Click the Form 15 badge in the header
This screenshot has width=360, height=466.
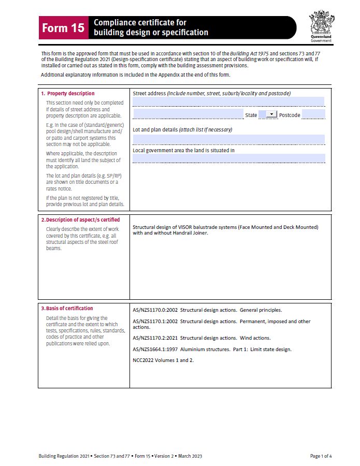pyautogui.click(x=63, y=28)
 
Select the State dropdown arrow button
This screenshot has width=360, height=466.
pyautogui.click(x=271, y=114)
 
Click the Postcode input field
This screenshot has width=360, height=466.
pyautogui.click(x=312, y=114)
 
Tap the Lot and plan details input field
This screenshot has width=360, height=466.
pyautogui.click(x=228, y=139)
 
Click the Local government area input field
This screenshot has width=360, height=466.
pyautogui.click(x=228, y=158)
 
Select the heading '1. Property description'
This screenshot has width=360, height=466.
pyautogui.click(x=68, y=94)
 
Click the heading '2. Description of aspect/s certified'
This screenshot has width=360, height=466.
pyautogui.click(x=80, y=220)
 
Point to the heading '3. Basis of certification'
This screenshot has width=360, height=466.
pyautogui.click(x=67, y=309)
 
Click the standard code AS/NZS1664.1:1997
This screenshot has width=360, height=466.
pyautogui.click(x=155, y=349)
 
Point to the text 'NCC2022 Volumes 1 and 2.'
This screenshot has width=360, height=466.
pyautogui.click(x=163, y=360)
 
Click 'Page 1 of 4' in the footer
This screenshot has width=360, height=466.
pyautogui.click(x=321, y=456)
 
